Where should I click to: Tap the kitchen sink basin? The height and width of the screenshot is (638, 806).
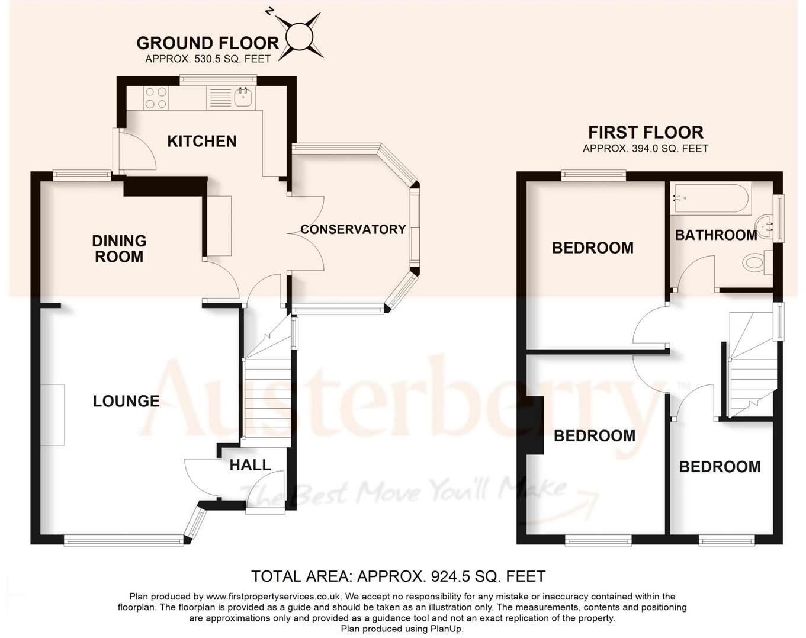pos(242,97)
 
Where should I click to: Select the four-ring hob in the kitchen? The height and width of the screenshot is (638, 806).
pos(156,98)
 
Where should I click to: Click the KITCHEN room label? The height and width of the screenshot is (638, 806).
pos(201,141)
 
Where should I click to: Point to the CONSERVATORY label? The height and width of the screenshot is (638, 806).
pos(353,229)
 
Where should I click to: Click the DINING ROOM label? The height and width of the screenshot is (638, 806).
pos(119,249)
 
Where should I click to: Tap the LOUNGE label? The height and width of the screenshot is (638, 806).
pos(126,401)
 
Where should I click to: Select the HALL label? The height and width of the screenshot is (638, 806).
pos(250,465)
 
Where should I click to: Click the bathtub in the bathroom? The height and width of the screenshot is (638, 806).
pos(711,198)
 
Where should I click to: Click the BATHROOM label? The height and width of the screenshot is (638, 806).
pos(715,235)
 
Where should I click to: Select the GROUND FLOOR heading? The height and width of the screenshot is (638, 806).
pos(207,43)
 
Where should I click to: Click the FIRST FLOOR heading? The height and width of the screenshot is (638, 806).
pos(646,132)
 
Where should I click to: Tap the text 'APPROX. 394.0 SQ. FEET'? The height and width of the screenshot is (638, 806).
pos(646,149)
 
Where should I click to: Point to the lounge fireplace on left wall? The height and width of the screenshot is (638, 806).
pos(53,414)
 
